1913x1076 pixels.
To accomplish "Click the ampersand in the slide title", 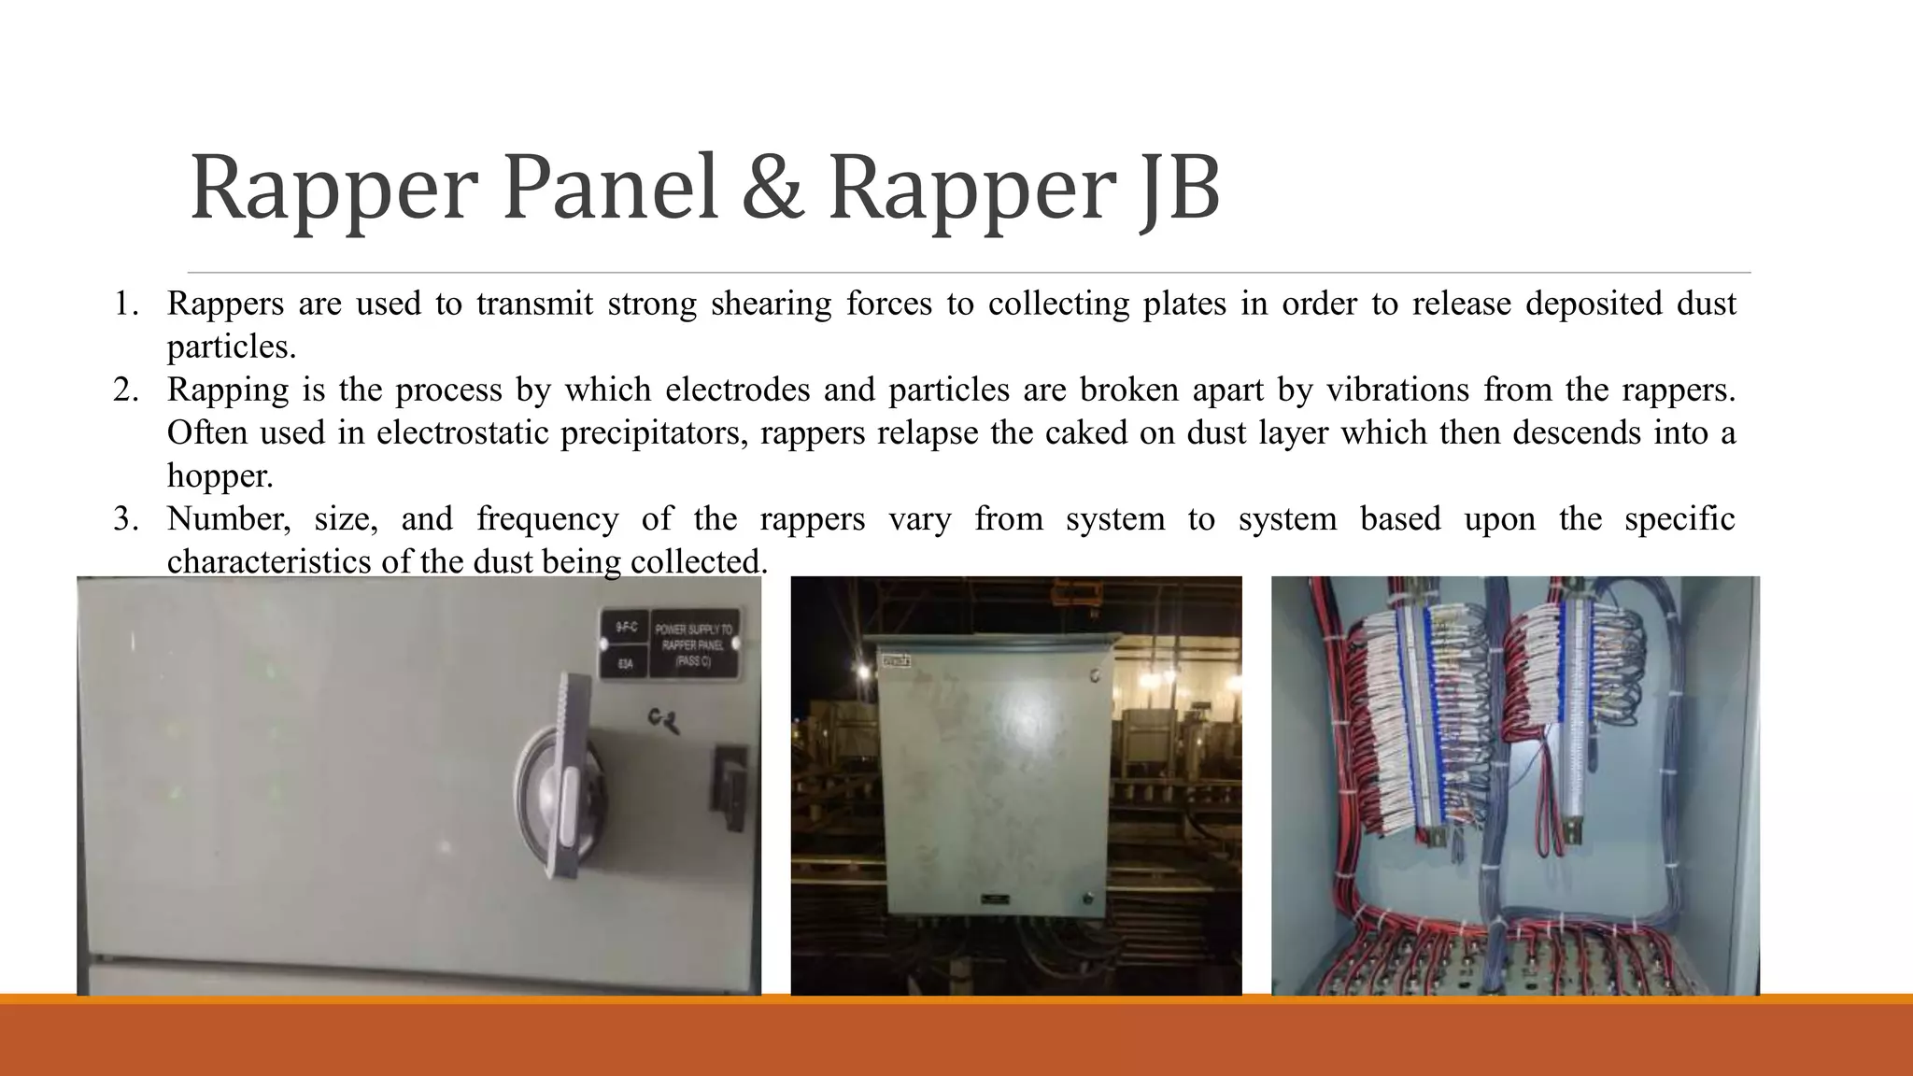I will [x=772, y=189].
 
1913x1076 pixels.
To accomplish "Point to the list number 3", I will [x=125, y=519].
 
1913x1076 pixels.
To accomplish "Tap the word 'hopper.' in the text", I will [x=220, y=476].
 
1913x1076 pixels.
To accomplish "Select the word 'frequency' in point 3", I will [x=547, y=519].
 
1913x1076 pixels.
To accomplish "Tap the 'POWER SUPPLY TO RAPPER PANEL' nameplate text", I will [x=692, y=644].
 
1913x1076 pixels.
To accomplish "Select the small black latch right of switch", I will [x=729, y=775].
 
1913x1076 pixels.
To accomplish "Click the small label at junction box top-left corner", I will [x=897, y=661].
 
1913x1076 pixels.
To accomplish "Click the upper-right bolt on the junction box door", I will [x=1095, y=674].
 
